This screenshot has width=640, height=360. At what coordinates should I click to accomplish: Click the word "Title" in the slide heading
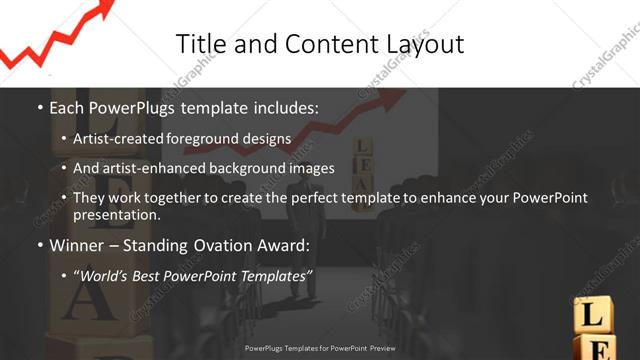(199, 44)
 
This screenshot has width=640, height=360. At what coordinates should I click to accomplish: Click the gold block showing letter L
(592, 315)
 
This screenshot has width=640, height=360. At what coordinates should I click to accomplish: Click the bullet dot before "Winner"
(38, 246)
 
